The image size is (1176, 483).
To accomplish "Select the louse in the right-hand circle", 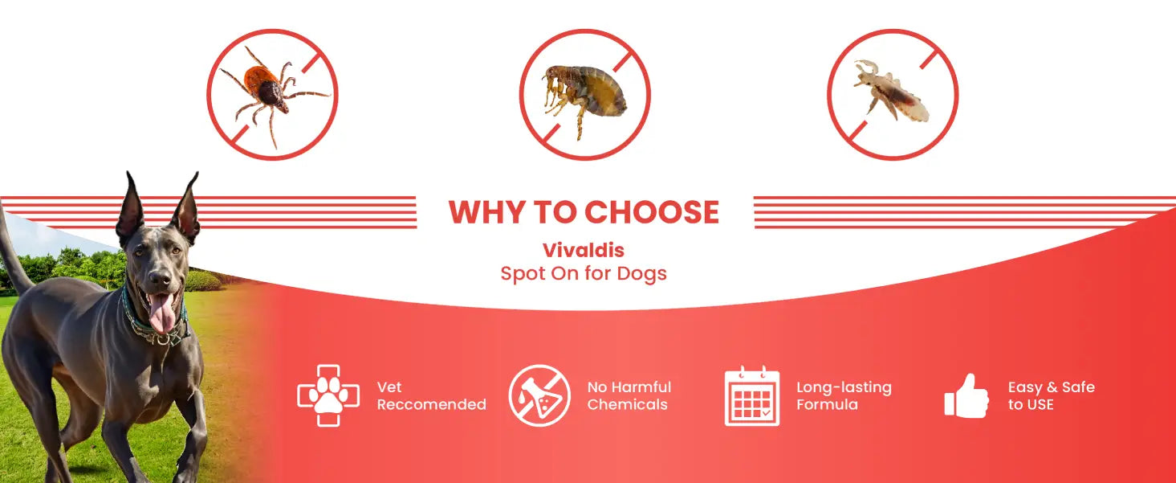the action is pos(891,91).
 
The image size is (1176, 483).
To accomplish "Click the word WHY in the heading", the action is pos(488,212).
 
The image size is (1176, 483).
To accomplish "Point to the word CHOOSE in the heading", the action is pos(652,212).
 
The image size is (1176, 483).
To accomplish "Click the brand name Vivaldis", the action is pos(584,250).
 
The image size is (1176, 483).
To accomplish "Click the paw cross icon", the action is pos(328,395).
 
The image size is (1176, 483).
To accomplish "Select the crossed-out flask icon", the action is pos(539,395).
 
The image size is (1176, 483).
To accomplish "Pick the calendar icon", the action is pos(752,395).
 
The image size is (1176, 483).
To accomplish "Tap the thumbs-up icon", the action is pos(966,395).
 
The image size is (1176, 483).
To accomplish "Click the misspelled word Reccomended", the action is pos(432,405).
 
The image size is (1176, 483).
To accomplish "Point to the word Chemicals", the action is pos(628,405).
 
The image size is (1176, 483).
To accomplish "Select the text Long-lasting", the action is pos(844,388).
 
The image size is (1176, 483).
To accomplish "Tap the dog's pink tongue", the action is pos(162,312).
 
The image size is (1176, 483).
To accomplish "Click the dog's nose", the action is pos(160,277).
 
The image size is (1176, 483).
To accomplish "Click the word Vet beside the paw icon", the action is pos(389,387).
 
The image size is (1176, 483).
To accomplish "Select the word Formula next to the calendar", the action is pos(828,405).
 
